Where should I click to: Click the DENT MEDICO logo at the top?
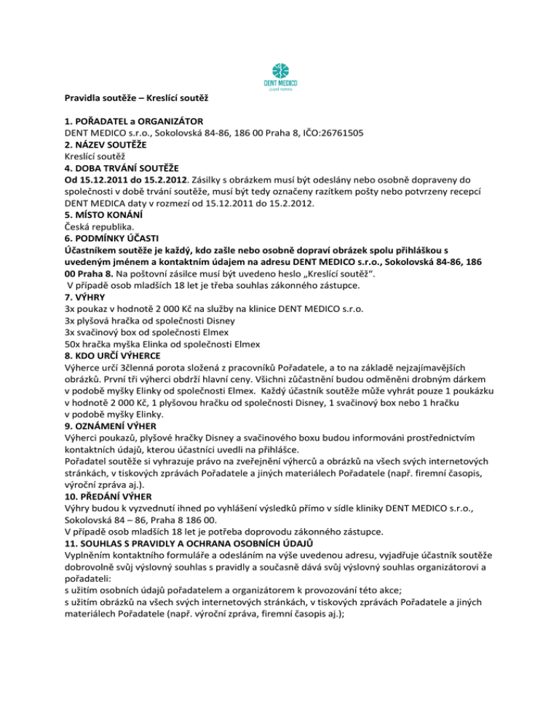279,75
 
